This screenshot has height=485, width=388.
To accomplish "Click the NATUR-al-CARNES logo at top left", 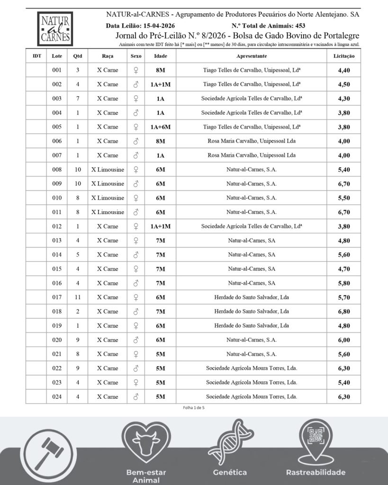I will tap(55, 29).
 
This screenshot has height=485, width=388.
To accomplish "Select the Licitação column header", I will tap(343, 56).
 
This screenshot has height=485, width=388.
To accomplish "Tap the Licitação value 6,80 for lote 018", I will tap(344, 312).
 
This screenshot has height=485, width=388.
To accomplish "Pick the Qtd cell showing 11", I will tap(78, 297).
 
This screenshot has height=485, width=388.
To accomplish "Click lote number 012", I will tap(57, 226).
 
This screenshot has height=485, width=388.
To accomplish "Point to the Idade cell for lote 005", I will tap(160, 127).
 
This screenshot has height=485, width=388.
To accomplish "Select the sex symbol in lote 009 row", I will tap(136, 184).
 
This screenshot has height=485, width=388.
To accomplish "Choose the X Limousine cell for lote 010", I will tap(108, 198).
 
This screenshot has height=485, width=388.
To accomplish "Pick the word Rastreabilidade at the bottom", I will tap(316, 472).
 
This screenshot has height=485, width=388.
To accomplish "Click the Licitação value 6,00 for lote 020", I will tap(344, 340).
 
